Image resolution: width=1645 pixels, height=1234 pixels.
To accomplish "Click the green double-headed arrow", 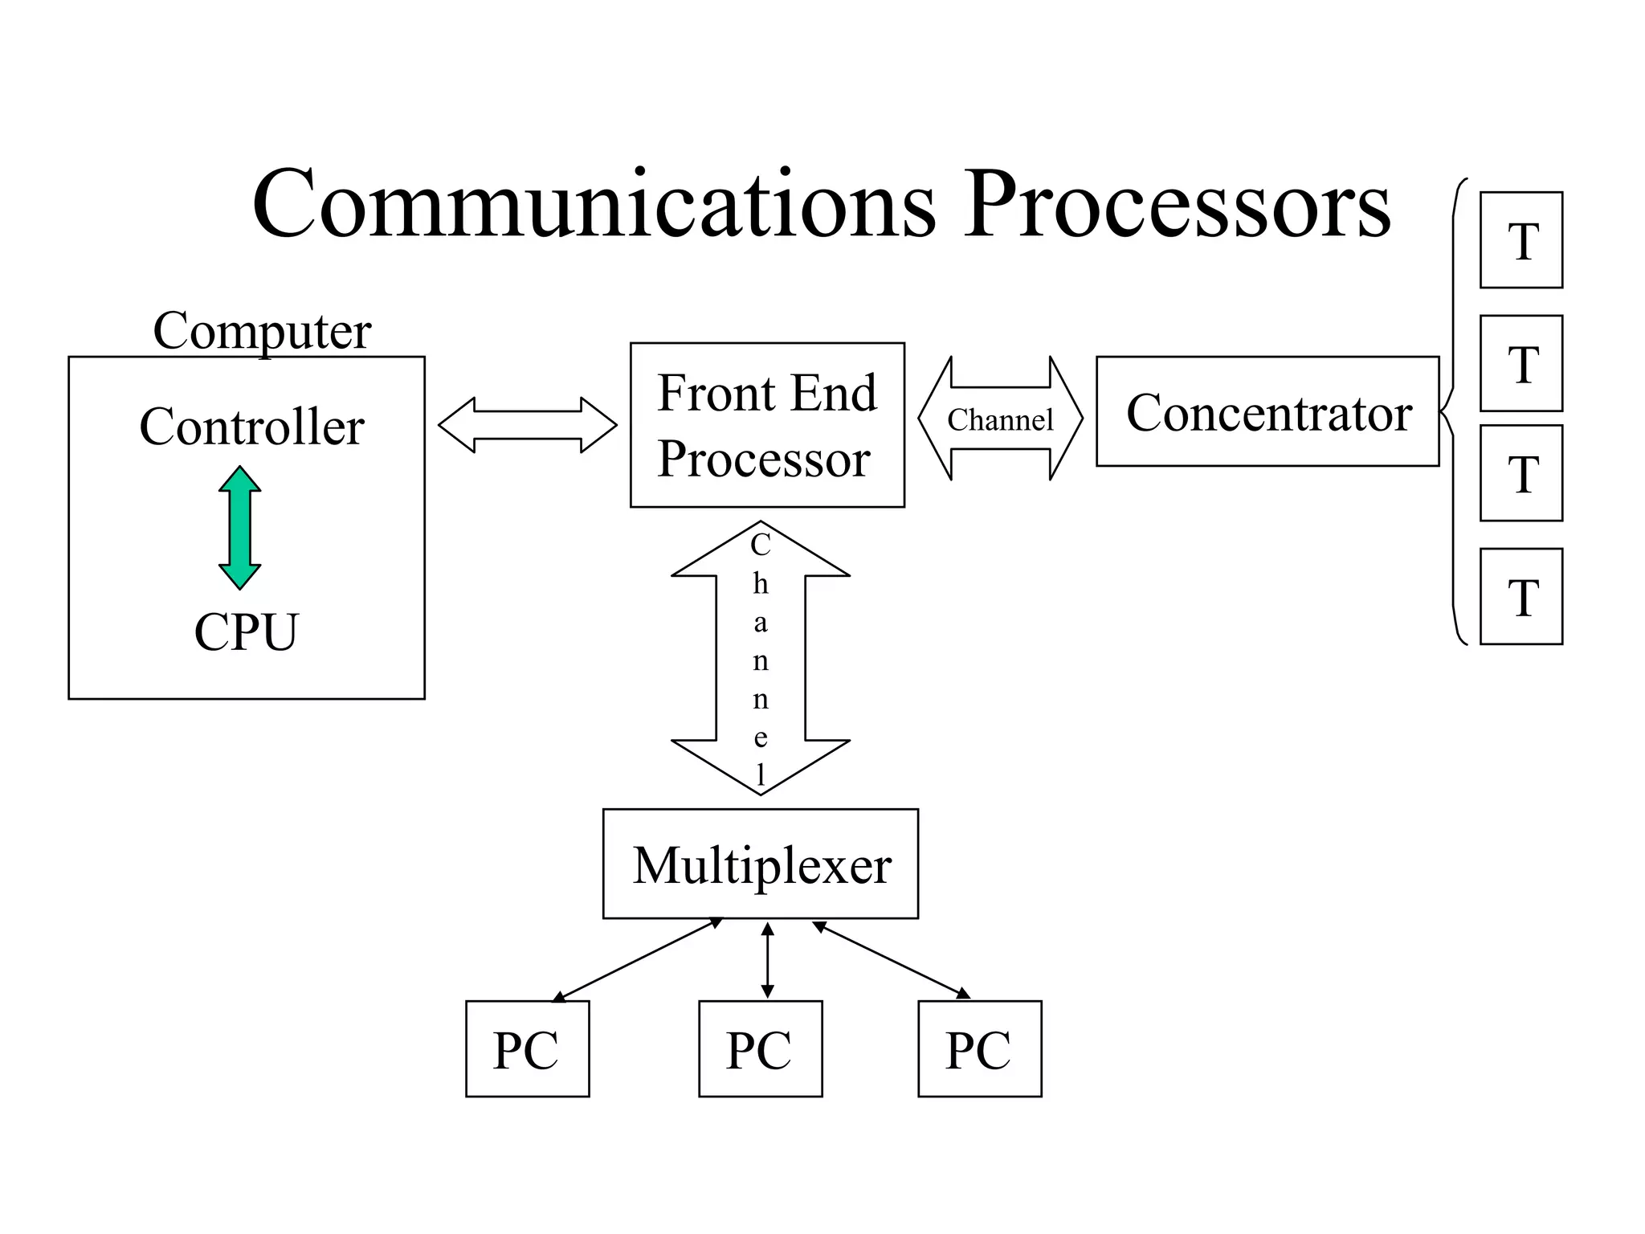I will pos(239,528).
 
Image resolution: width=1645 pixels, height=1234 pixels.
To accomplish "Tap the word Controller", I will pos(251,427).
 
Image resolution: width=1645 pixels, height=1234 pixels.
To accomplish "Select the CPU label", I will pos(246,632).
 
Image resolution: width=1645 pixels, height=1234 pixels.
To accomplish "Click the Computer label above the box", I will pos(262,330).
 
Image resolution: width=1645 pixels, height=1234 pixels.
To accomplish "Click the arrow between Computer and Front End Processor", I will pos(528,424).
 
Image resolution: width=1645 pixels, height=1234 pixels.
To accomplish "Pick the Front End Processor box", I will pos(767,425).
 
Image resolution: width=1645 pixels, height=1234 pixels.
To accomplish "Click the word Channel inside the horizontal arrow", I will pos(1000,419).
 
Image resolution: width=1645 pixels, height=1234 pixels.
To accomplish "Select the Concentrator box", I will pos(1267,411).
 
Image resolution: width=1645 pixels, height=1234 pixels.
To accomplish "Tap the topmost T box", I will pos(1521,240).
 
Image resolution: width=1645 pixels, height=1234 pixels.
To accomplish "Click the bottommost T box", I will pos(1521,596).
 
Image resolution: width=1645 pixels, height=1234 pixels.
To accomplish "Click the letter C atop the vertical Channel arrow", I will pos(760,545).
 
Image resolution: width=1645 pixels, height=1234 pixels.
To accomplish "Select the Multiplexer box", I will pos(760,864).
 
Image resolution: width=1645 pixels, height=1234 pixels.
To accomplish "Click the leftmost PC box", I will pos(527,1048).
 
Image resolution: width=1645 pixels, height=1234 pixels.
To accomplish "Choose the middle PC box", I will pos(760,1048).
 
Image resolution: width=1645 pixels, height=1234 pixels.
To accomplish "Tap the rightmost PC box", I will pos(979,1048).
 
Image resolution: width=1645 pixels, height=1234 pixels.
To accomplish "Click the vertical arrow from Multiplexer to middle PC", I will pos(767,960).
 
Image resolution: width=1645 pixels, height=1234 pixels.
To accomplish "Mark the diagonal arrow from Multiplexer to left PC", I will pos(638,960).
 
